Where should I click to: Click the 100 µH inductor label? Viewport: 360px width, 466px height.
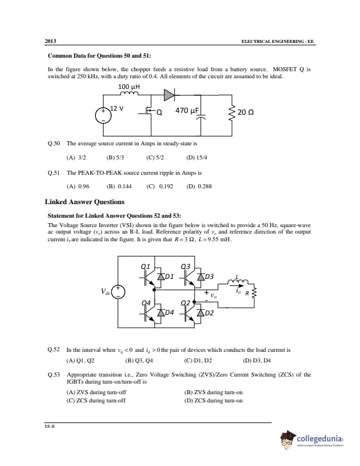tap(129, 86)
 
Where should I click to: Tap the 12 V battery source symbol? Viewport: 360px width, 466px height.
tap(104, 114)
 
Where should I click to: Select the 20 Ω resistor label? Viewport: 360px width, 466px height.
tap(246, 112)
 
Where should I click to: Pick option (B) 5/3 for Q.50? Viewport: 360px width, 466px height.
tap(115, 158)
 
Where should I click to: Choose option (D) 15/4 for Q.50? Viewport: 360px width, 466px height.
tap(196, 158)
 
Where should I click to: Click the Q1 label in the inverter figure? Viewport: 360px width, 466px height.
tap(146, 266)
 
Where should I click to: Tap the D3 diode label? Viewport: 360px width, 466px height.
tap(209, 276)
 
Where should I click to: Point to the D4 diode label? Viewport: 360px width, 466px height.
tap(170, 312)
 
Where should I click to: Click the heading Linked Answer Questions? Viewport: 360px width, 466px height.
tap(85, 202)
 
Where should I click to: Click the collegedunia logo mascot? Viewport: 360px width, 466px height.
tap(288, 439)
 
